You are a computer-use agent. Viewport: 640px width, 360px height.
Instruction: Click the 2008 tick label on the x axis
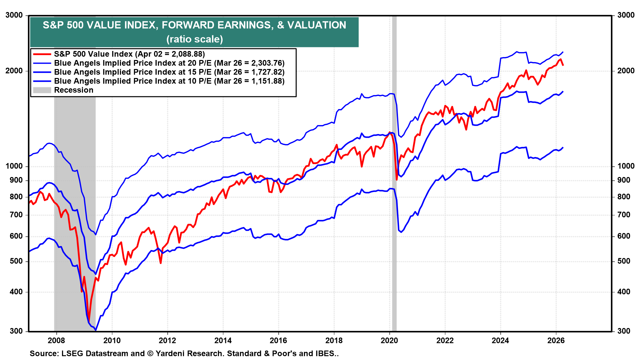click(x=56, y=340)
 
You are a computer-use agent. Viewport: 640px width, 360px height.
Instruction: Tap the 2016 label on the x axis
click(x=278, y=340)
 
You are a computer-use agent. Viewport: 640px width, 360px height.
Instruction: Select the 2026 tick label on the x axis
click(x=556, y=340)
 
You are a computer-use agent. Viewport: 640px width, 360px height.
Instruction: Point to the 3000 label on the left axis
click(x=14, y=15)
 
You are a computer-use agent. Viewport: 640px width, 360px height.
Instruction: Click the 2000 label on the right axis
click(x=626, y=71)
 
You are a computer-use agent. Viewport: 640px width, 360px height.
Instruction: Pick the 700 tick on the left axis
click(x=16, y=215)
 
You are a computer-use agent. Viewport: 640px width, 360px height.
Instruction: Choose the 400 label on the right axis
click(x=624, y=292)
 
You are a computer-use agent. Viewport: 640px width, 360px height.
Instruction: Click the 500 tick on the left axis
click(x=16, y=261)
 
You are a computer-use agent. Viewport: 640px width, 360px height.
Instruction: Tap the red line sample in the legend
click(x=42, y=54)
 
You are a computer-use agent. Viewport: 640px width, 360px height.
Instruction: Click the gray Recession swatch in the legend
click(x=42, y=90)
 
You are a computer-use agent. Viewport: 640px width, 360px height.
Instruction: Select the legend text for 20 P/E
click(x=169, y=63)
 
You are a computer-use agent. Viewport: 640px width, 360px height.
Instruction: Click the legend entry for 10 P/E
click(x=169, y=81)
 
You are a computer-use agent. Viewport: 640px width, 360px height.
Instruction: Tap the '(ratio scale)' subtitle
click(x=195, y=39)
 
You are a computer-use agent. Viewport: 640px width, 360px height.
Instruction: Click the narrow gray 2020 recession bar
click(x=394, y=200)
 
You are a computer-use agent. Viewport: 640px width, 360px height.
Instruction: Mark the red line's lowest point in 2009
click(x=89, y=321)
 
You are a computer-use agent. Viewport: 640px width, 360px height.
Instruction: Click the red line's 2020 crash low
click(x=397, y=180)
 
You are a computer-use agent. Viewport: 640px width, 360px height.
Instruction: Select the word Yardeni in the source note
click(x=170, y=353)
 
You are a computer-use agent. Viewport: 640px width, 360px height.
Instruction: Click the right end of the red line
click(x=563, y=65)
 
